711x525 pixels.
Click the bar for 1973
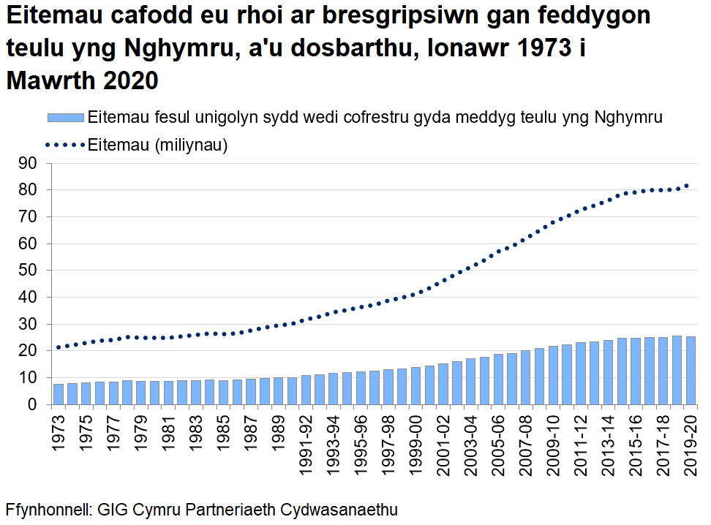(59, 394)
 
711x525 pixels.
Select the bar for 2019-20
(689, 371)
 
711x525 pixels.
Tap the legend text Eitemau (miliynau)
(158, 145)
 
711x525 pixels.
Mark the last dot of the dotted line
(686, 186)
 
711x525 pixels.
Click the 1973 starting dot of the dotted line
(59, 347)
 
